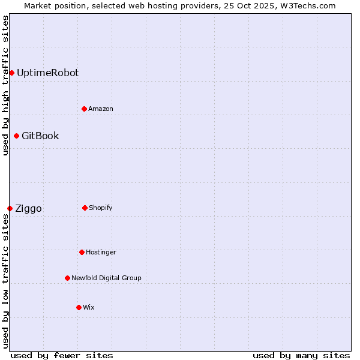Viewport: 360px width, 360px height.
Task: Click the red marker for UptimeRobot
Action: [x=11, y=73]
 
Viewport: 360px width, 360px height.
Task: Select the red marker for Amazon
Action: [x=84, y=109]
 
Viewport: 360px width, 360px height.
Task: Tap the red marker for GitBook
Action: [x=16, y=136]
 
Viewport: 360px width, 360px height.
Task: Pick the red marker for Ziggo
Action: [x=10, y=208]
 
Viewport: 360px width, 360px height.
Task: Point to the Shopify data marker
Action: [x=85, y=208]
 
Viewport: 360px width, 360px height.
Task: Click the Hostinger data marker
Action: [x=82, y=252]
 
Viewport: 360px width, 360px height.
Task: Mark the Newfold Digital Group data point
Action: [x=67, y=278]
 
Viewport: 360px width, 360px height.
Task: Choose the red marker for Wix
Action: [x=79, y=307]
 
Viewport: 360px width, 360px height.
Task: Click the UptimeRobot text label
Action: [x=47, y=73]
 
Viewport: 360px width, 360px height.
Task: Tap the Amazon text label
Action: [x=101, y=109]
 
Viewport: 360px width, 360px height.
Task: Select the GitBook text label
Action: [x=40, y=136]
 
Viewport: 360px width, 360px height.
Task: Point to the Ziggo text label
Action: [x=28, y=208]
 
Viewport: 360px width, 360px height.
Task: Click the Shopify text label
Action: [x=101, y=208]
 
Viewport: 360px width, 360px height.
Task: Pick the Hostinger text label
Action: [x=101, y=252]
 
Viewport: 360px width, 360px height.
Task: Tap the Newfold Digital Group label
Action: [x=106, y=278]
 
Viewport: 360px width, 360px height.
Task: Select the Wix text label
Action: [x=89, y=307]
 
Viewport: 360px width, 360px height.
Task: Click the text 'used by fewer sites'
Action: [x=62, y=355]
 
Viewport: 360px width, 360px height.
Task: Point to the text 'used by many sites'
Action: [x=301, y=355]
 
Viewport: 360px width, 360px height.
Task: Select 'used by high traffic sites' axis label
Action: [x=5, y=85]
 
